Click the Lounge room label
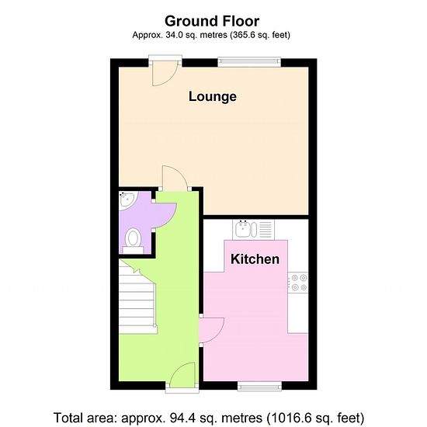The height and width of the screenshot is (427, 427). (213, 97)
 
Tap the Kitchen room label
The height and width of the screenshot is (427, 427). (255, 259)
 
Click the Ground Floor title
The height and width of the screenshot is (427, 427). (212, 21)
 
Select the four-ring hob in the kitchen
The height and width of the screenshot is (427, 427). (298, 283)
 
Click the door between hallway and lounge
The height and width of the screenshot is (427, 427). (175, 178)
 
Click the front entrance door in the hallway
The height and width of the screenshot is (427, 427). (182, 375)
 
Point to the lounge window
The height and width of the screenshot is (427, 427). (249, 62)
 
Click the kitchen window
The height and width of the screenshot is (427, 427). (259, 386)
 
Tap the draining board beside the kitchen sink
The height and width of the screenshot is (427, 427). (266, 229)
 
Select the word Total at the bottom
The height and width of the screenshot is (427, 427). (68, 418)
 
